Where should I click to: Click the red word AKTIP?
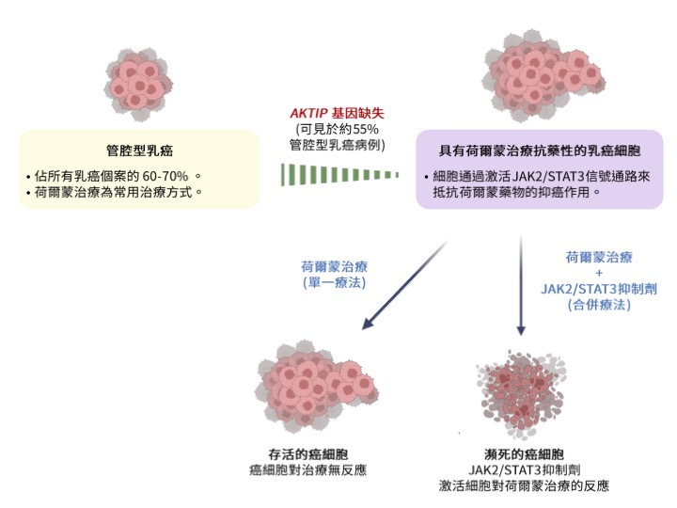tap(308, 114)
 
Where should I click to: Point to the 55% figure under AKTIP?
tap(368, 129)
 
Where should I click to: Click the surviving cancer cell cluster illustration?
tap(305, 385)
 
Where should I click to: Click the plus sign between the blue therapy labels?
tap(599, 273)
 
